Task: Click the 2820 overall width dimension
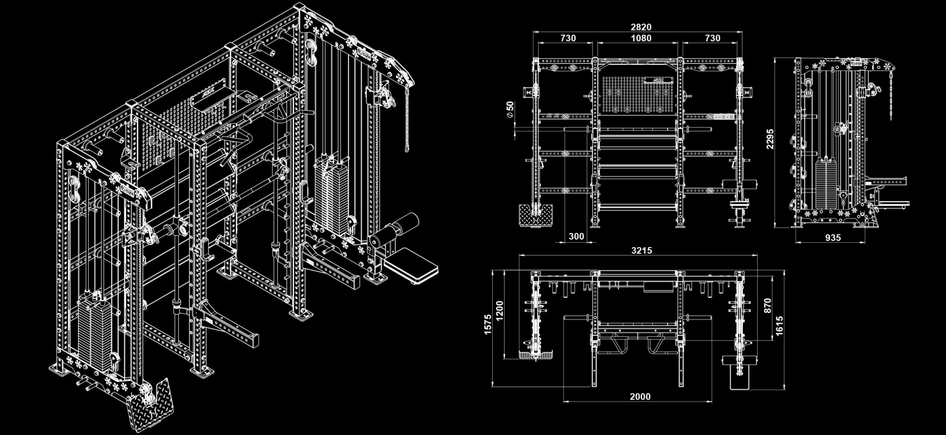click(641, 27)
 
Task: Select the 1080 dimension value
click(641, 38)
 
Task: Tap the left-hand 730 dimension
click(568, 38)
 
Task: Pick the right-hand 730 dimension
click(712, 38)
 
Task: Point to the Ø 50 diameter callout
click(510, 109)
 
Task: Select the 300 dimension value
click(576, 236)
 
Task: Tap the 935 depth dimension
click(833, 238)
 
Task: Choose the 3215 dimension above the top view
click(642, 250)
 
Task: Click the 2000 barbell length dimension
click(640, 396)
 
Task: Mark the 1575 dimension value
click(487, 324)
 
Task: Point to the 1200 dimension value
click(499, 311)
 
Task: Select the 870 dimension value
click(767, 306)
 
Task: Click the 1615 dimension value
click(779, 326)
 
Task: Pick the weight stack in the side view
click(826, 183)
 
